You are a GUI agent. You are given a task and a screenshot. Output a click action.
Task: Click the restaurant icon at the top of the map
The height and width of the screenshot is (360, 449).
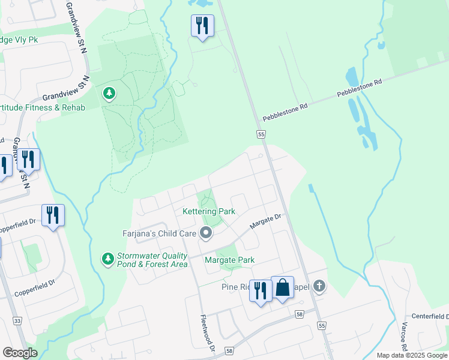click(201, 26)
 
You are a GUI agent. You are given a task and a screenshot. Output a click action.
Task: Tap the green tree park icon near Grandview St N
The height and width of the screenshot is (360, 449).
click(109, 93)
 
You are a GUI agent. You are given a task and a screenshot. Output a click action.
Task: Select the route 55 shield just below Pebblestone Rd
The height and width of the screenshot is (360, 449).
click(261, 135)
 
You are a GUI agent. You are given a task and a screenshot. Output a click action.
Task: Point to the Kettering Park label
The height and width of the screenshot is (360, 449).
click(208, 212)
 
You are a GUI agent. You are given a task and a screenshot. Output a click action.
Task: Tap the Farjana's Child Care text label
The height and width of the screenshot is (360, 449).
click(154, 233)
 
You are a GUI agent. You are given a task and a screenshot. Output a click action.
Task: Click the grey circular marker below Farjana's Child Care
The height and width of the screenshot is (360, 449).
click(206, 233)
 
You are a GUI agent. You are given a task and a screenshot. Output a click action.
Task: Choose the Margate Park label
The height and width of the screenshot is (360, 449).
click(229, 260)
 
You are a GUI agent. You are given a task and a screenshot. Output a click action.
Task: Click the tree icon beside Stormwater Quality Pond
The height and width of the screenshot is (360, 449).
click(107, 259)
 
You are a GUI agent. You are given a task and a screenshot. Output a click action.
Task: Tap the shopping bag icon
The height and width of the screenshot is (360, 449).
click(282, 289)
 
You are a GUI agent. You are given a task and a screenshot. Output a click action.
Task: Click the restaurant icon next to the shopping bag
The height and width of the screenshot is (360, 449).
click(260, 290)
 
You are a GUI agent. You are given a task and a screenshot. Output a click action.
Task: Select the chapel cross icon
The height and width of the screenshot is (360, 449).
click(319, 286)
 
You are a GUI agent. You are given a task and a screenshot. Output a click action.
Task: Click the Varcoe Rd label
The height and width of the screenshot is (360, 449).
click(403, 338)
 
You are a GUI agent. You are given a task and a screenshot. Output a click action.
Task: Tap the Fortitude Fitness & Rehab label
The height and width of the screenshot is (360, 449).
click(43, 107)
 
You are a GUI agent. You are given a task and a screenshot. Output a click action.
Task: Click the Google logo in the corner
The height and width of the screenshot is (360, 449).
click(20, 353)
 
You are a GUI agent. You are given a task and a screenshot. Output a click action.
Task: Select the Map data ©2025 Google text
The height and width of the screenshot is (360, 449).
click(412, 355)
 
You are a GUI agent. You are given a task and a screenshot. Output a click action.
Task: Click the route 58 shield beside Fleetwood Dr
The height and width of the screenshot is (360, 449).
click(229, 350)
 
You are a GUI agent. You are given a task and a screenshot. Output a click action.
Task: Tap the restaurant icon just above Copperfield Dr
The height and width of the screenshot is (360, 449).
click(53, 215)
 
